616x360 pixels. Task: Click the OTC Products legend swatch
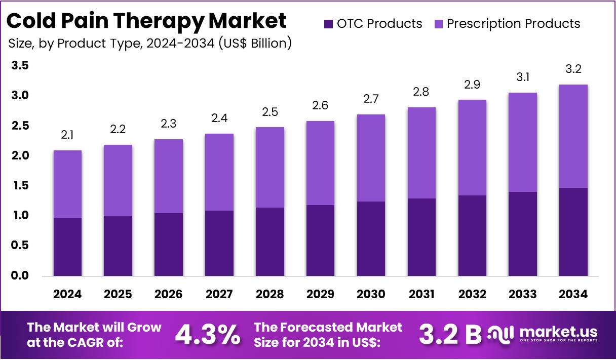pyautogui.click(x=328, y=24)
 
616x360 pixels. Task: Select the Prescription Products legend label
pyautogui.click(x=513, y=24)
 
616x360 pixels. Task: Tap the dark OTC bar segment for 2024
pyautogui.click(x=67, y=247)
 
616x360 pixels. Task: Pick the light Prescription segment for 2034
pyautogui.click(x=573, y=136)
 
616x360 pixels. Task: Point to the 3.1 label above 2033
pyautogui.click(x=523, y=77)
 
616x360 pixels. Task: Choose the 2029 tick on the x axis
pyautogui.click(x=321, y=294)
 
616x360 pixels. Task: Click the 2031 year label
pyautogui.click(x=421, y=294)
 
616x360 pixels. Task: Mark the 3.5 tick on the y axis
pyautogui.click(x=20, y=65)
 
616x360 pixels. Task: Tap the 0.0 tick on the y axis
pyautogui.click(x=20, y=276)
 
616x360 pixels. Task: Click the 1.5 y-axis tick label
pyautogui.click(x=20, y=186)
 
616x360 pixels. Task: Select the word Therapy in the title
pyautogui.click(x=167, y=21)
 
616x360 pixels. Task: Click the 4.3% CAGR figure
pyautogui.click(x=208, y=334)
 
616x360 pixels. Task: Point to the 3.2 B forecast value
pyautogui.click(x=450, y=334)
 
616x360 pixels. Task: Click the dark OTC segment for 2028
pyautogui.click(x=270, y=242)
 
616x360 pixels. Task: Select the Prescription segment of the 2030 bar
pyautogui.click(x=371, y=158)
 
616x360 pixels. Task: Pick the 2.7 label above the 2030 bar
pyautogui.click(x=371, y=99)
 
